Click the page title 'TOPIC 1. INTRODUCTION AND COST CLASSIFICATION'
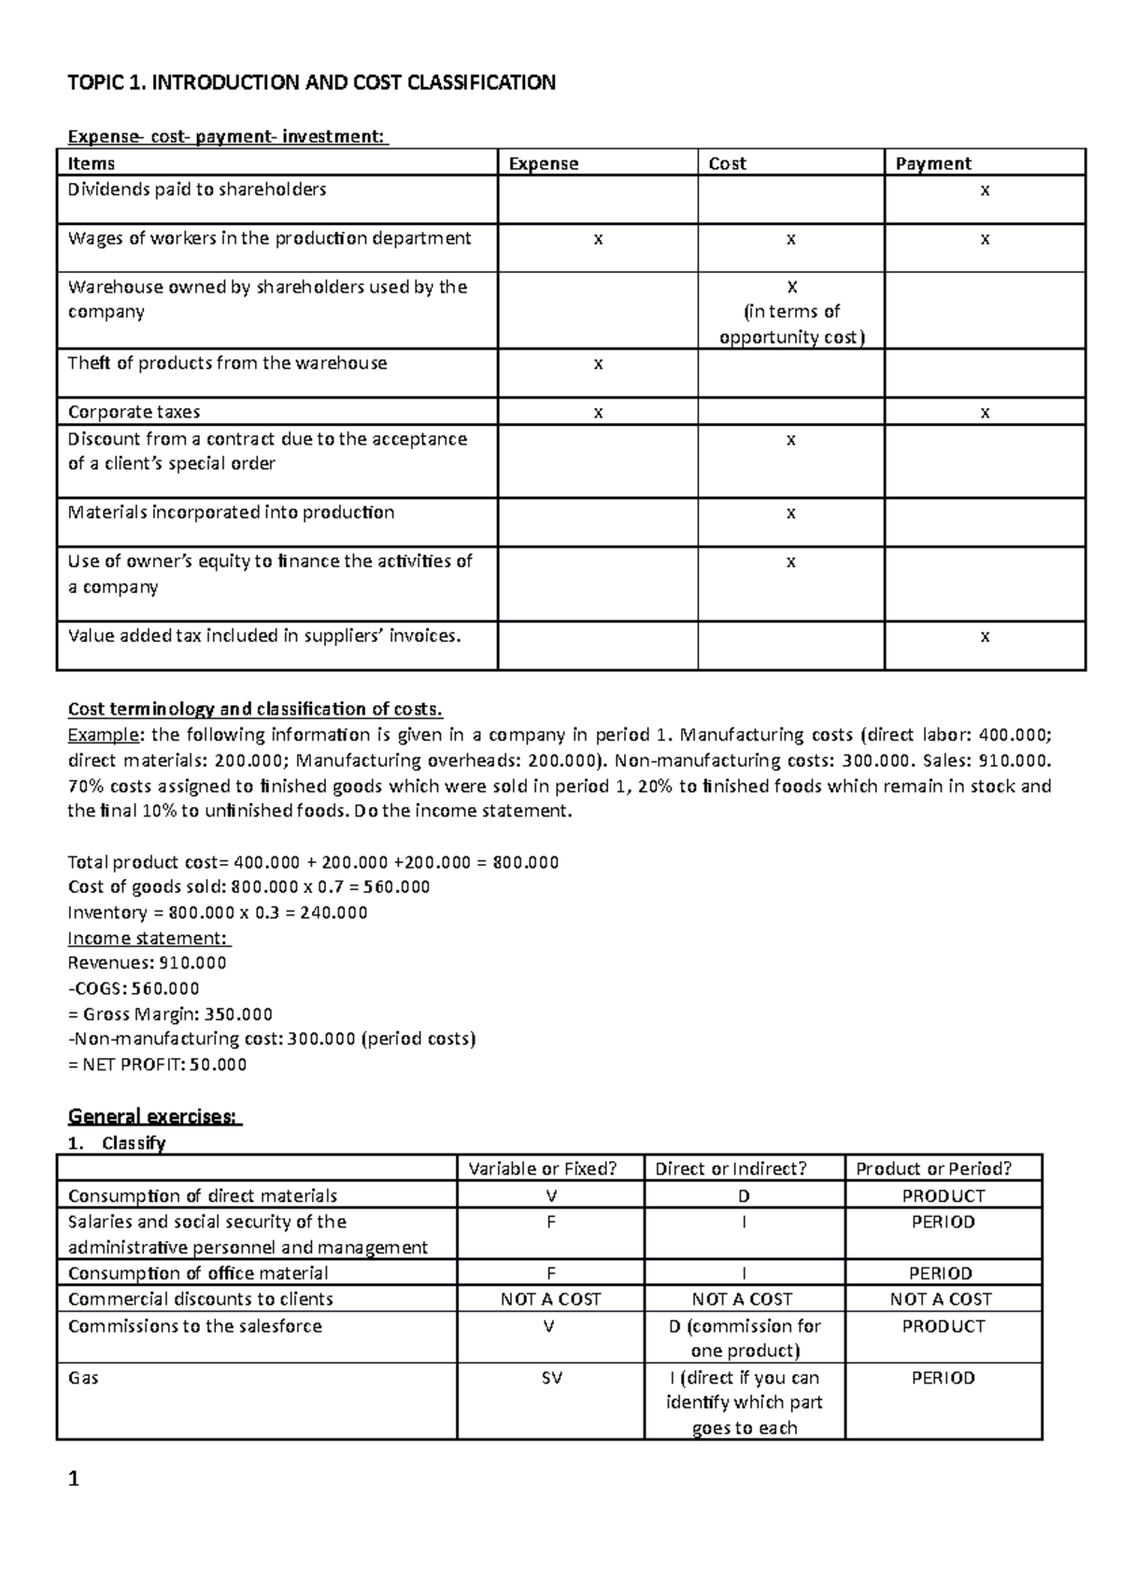point(311,83)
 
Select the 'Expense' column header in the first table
point(543,163)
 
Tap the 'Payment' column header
point(933,163)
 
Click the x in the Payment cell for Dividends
point(984,191)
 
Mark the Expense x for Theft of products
point(598,363)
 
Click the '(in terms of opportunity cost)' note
point(791,324)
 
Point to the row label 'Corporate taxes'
point(134,412)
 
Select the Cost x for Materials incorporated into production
point(790,513)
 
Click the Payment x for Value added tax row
point(984,637)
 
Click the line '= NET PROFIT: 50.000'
point(157,1065)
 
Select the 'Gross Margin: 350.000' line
point(170,1013)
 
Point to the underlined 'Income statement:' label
point(149,938)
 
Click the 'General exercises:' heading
point(155,1116)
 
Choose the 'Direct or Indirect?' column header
point(731,1168)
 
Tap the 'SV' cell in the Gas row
point(551,1378)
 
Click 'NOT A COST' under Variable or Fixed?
point(550,1299)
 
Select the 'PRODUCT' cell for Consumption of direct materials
point(943,1196)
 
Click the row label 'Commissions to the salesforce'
point(194,1326)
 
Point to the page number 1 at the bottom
point(74,1480)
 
